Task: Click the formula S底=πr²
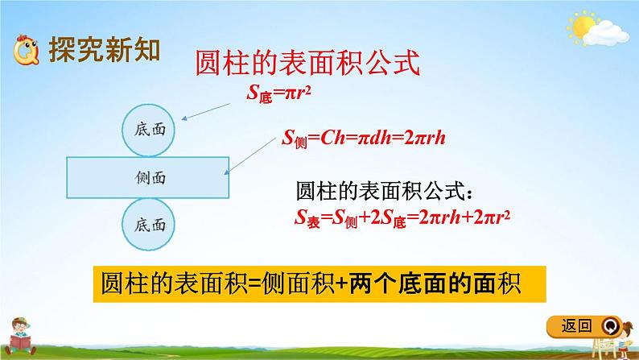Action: pos(278,95)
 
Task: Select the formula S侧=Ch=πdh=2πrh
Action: pos(362,138)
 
